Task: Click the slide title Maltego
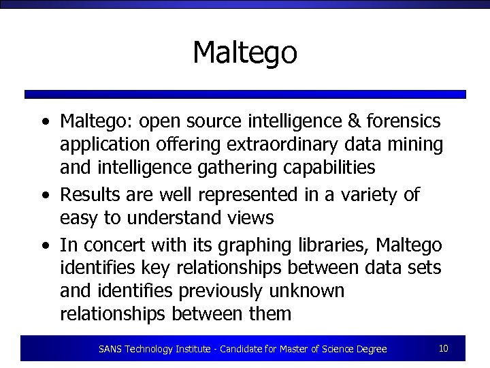[245, 52]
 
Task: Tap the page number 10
[443, 349]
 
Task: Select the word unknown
[311, 291]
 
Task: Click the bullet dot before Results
[45, 196]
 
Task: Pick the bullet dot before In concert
[45, 245]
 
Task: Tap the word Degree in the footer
[371, 349]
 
